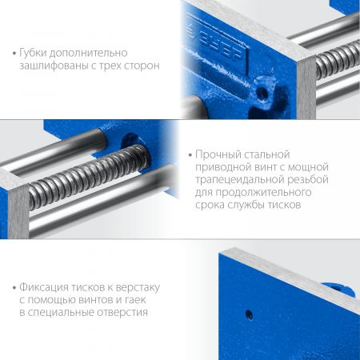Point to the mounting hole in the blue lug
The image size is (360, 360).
coord(262,94)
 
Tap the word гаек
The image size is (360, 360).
coord(135,300)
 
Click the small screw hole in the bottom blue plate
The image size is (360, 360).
coord(250,314)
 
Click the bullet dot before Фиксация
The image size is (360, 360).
coord(14,288)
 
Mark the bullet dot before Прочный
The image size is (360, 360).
coord(190,155)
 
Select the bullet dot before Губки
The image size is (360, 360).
coord(14,53)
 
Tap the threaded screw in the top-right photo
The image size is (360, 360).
coord(338,61)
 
